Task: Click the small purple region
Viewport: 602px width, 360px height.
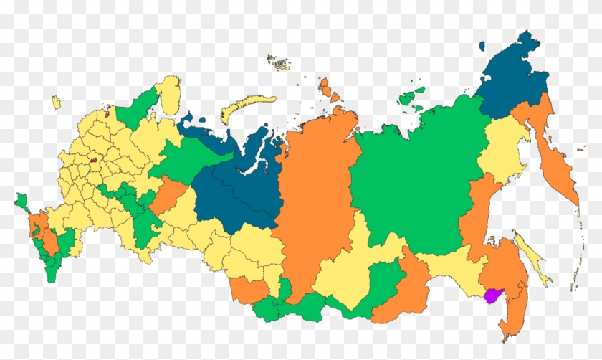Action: [494, 295]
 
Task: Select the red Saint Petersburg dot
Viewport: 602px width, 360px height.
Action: [107, 113]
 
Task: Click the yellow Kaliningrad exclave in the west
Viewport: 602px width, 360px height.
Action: [56, 103]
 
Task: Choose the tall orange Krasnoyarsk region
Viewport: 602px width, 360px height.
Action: [315, 194]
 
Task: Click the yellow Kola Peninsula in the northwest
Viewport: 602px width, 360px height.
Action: [169, 95]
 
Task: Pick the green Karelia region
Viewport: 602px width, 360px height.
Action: [136, 112]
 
